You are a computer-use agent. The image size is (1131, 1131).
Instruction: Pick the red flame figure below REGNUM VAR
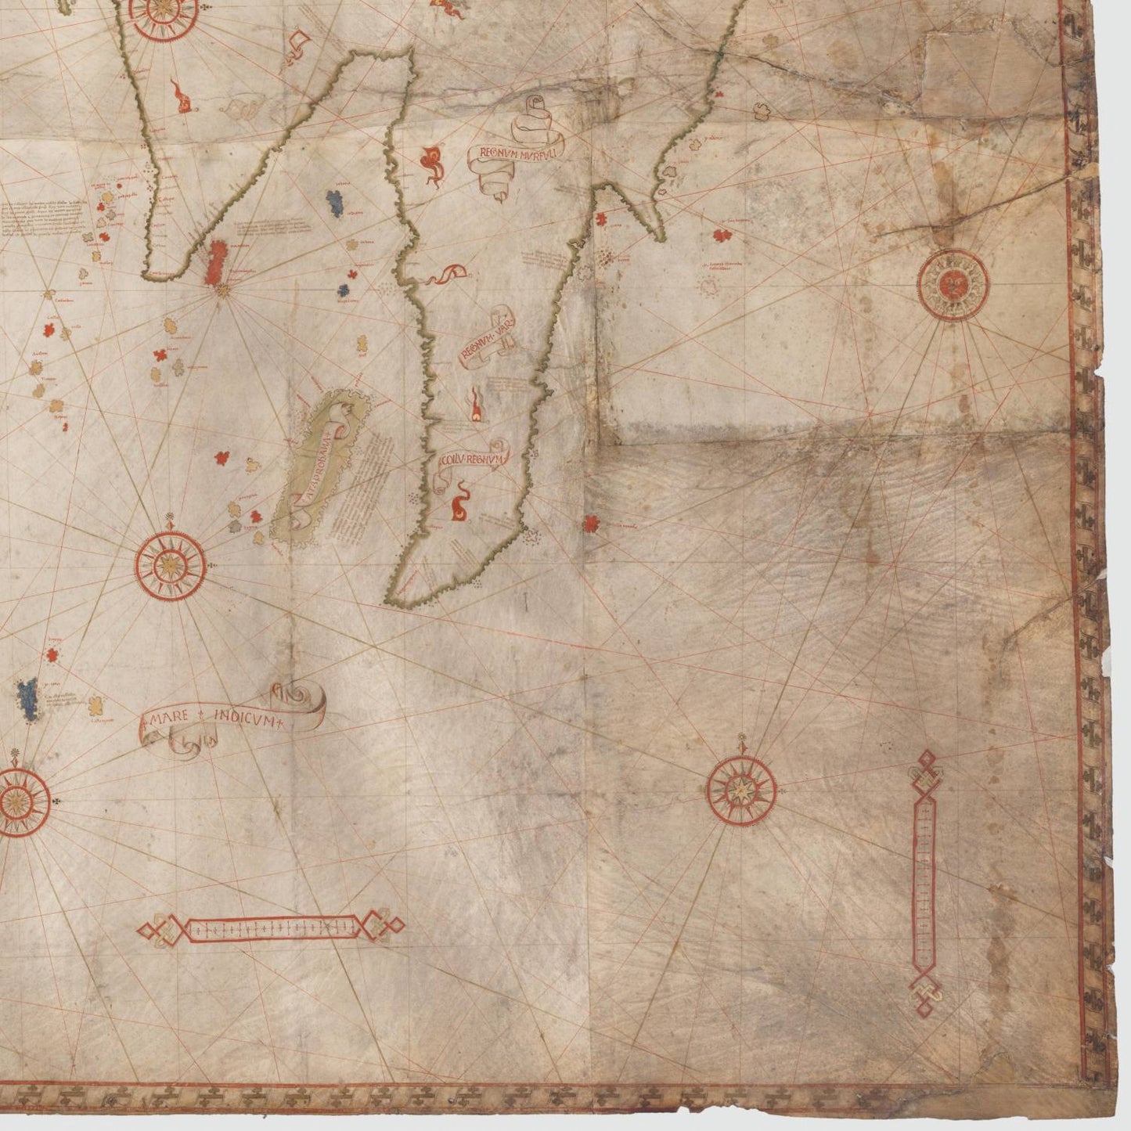coord(475,408)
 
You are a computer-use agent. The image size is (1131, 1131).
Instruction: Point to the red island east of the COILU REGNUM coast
coord(593,521)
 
